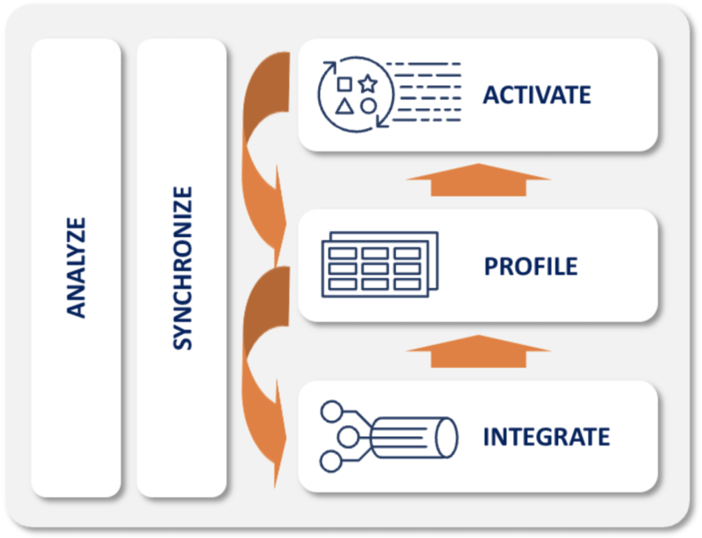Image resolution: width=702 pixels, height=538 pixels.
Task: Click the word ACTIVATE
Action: [x=536, y=95]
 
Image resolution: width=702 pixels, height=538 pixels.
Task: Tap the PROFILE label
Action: [x=531, y=266]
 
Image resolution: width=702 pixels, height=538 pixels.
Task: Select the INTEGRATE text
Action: [x=546, y=437]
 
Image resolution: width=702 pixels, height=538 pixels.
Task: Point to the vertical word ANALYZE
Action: [x=77, y=267]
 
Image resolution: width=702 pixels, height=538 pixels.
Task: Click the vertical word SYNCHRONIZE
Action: [x=182, y=267]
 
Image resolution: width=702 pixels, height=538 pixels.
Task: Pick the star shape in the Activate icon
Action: [x=368, y=84]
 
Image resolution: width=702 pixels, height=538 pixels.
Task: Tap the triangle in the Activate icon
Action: [x=345, y=106]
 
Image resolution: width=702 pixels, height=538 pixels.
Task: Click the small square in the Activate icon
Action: [x=345, y=84]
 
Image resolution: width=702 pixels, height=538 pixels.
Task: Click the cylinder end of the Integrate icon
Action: [x=449, y=437]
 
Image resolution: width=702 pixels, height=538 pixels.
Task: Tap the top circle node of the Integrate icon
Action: [x=332, y=411]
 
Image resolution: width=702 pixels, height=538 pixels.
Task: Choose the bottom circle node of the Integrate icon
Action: [x=331, y=462]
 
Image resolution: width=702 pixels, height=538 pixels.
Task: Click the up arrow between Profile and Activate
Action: [x=479, y=180]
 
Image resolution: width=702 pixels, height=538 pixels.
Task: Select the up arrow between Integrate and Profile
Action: [x=479, y=351]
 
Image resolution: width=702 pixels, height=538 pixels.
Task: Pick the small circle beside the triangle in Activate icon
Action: [x=369, y=106]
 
